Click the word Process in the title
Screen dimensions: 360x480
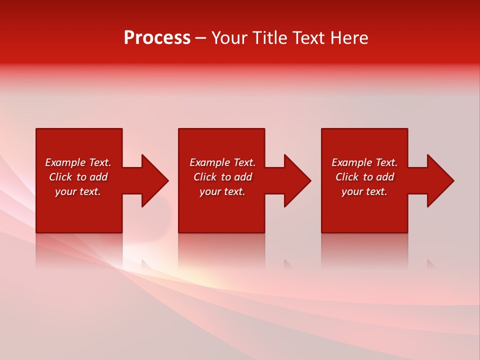click(157, 38)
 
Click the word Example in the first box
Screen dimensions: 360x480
click(65, 162)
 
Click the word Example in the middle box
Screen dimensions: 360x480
click(210, 162)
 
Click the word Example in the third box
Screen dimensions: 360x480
click(352, 162)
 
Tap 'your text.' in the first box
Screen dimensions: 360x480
click(78, 191)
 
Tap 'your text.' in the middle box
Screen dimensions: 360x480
click(222, 191)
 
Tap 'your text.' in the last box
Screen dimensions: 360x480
click(364, 191)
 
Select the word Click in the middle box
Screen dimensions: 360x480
click(205, 177)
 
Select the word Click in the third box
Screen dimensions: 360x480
click(347, 177)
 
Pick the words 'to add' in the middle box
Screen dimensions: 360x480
click(236, 177)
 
